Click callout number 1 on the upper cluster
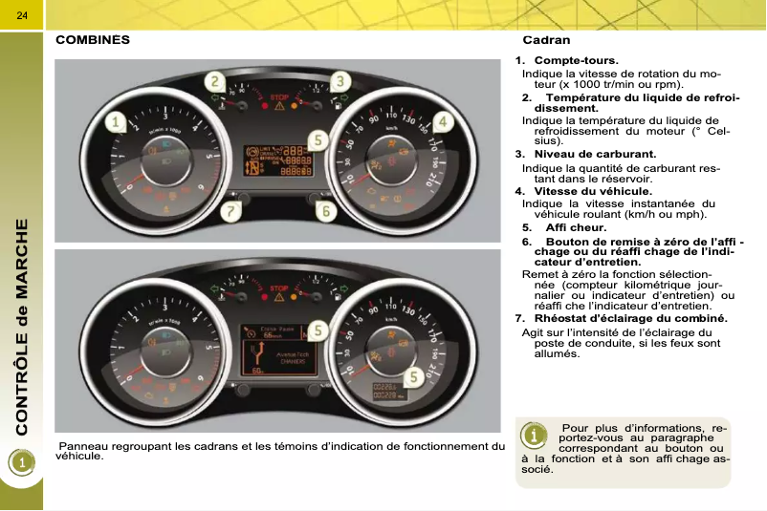116,122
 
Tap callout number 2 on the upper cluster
218,82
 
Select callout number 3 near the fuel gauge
339,82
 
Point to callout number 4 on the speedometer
443,122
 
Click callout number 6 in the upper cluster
326,209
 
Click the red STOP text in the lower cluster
278,287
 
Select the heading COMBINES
93,40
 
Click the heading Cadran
546,40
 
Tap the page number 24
21,14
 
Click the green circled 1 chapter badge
21,461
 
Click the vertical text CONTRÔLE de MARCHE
21,325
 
